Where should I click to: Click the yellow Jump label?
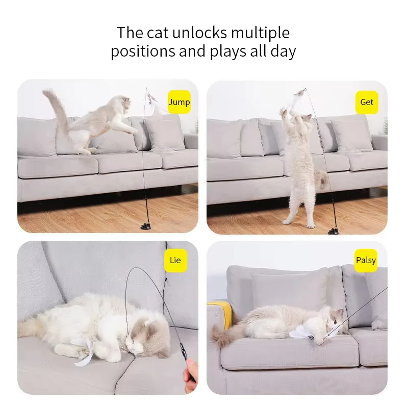coord(179,102)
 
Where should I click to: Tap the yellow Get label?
coord(367,102)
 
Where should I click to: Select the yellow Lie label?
coord(175,261)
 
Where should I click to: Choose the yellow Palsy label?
coord(366,261)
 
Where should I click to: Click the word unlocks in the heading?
coord(199,33)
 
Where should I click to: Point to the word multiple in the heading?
coord(260,33)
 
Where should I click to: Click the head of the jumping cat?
coord(121,104)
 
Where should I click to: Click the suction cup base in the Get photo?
coord(334,231)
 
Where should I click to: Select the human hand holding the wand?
coord(190,375)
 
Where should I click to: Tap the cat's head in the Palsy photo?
coord(335,319)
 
